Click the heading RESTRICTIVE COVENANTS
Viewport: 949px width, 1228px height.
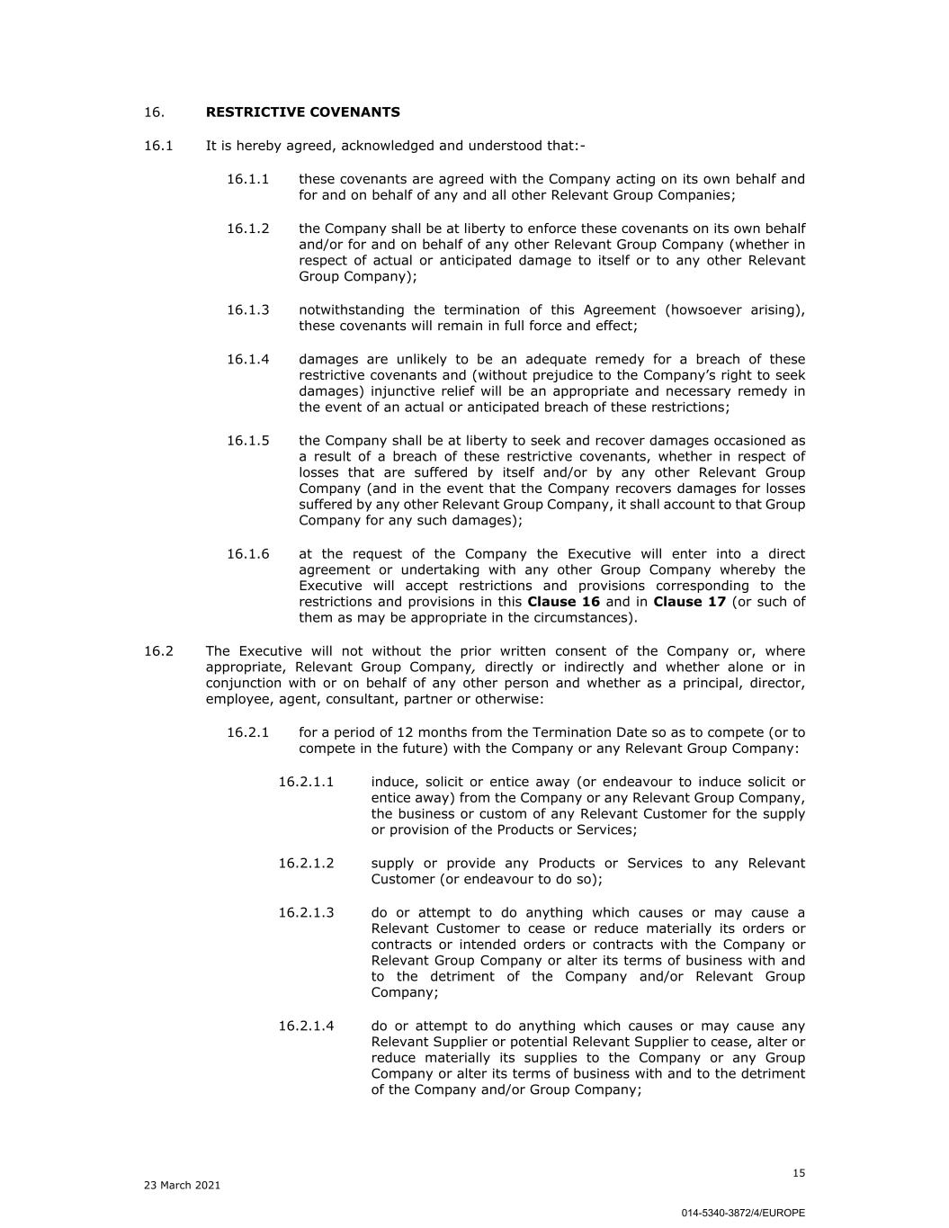click(303, 112)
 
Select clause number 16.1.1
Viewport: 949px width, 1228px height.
click(247, 179)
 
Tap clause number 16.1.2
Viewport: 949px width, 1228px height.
click(247, 229)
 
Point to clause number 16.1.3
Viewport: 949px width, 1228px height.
click(247, 310)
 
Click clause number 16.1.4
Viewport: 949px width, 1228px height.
click(247, 360)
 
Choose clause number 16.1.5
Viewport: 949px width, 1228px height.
click(247, 441)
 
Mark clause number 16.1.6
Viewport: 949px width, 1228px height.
click(247, 554)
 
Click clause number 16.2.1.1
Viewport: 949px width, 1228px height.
click(306, 782)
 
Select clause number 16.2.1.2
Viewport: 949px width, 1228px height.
click(306, 864)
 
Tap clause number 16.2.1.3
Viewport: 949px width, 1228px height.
click(306, 912)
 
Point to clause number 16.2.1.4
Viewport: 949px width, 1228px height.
click(306, 1026)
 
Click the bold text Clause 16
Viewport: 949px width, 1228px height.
click(563, 602)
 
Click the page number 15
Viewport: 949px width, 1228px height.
click(799, 1173)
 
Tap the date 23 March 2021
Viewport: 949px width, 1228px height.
click(182, 1186)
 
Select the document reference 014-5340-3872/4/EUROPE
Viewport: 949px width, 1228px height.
click(743, 1213)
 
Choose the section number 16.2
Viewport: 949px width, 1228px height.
click(158, 651)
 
